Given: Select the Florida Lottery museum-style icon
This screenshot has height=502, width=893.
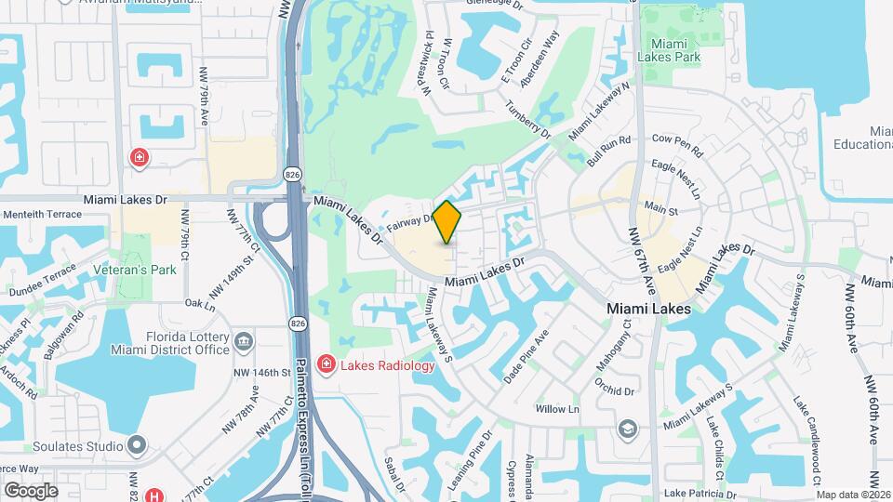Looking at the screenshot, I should coord(244,341).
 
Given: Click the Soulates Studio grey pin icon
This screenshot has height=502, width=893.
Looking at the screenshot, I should coord(137,446).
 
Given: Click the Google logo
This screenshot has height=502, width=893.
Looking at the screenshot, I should coord(31,490).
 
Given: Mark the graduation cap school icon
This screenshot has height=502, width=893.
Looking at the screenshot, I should coord(629,429).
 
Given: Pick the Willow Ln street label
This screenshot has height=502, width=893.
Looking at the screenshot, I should coord(558,409).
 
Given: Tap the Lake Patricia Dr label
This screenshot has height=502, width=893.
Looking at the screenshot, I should coord(700,495).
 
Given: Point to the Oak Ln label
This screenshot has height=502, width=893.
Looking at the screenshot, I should coord(200,303).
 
